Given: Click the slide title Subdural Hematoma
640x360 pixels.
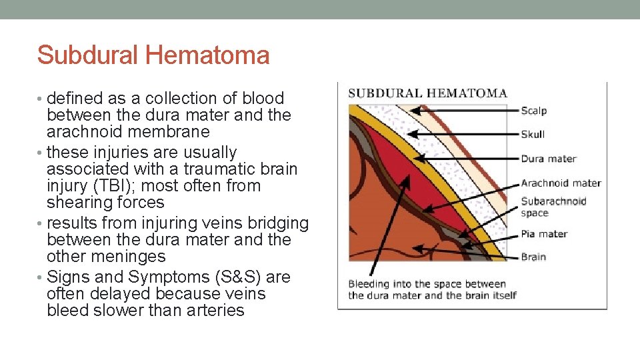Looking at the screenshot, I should point(153,55).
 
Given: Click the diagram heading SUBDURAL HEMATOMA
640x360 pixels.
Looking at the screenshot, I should point(427,93).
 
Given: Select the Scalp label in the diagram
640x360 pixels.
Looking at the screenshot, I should point(533,111).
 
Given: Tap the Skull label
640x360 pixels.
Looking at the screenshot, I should point(533,134).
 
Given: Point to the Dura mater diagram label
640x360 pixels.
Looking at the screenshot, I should point(548,159).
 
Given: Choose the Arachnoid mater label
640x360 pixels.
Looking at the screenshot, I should point(561,183).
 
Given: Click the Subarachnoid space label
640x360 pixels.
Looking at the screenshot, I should point(553,207).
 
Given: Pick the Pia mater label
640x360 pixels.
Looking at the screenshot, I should point(544,233).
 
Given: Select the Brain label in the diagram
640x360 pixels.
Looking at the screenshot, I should point(533,257).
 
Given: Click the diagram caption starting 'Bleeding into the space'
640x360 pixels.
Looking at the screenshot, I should point(432,290).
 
